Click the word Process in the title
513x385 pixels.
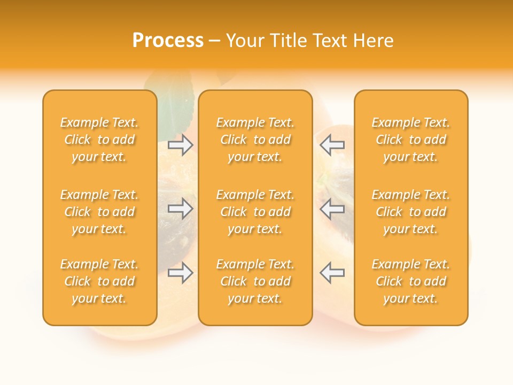(168, 41)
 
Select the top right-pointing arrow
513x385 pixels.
(181, 145)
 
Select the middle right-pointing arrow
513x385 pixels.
(181, 209)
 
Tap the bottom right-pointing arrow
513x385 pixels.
(181, 273)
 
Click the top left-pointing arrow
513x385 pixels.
(332, 145)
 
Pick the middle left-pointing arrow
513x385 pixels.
(332, 209)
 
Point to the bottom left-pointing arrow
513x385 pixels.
(332, 273)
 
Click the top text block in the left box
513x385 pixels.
(99, 140)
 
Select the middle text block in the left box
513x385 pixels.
(99, 212)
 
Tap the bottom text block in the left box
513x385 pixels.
(99, 281)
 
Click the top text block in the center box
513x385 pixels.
(255, 140)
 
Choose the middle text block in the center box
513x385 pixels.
(255, 212)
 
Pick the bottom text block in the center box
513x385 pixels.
(255, 281)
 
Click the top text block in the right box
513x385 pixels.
(410, 140)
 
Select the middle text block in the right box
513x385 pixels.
(410, 212)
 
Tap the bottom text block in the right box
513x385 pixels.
(410, 281)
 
